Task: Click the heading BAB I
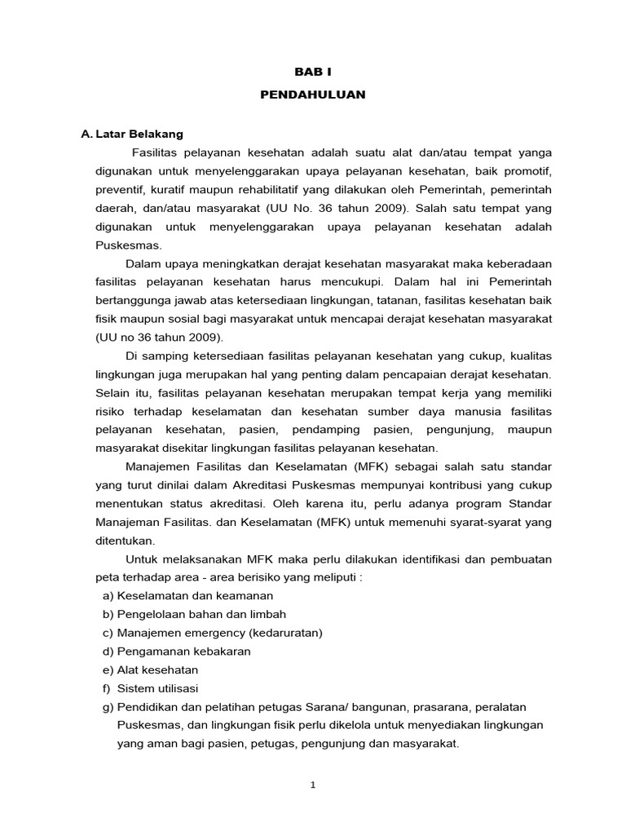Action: coord(313,72)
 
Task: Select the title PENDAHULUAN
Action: coord(313,95)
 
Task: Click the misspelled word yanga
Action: coord(535,152)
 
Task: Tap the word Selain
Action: coord(112,393)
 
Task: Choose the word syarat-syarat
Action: coord(487,521)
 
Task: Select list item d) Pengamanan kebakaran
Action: coord(176,651)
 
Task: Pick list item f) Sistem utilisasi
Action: coord(152,688)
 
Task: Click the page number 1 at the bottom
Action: coord(313,785)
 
